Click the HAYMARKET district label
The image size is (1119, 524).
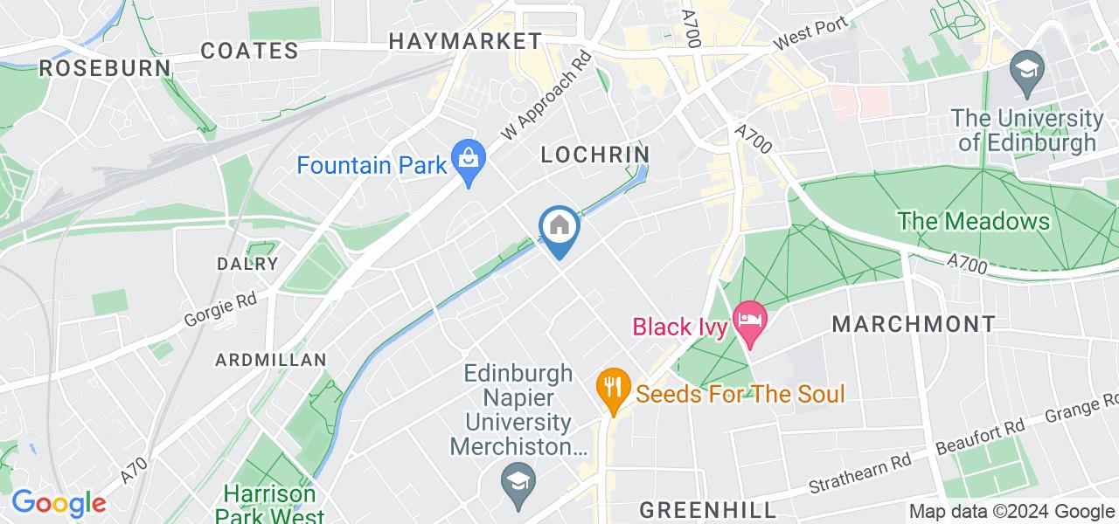[465, 41]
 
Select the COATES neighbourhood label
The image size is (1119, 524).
[250, 51]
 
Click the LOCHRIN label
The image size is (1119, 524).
[595, 155]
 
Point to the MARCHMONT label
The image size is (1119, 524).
[913, 325]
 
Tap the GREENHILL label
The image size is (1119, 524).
[707, 509]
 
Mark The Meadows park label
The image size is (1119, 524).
[973, 221]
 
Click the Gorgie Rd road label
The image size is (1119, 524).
[220, 310]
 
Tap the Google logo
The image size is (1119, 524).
[59, 503]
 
